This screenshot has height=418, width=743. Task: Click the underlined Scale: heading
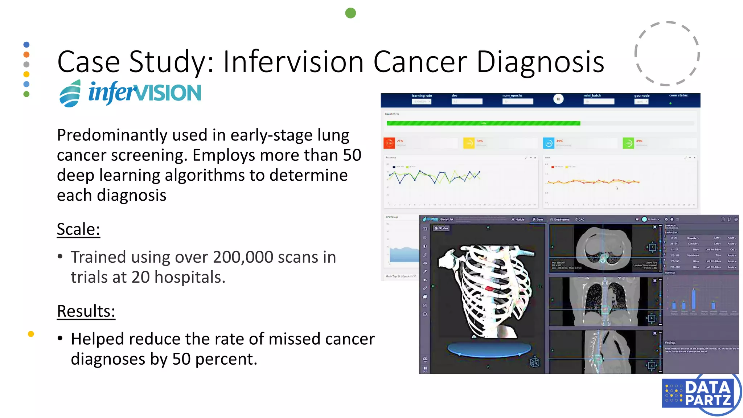coord(78,229)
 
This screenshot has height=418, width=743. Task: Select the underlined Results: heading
coord(86,311)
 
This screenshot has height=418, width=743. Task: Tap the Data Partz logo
coord(700,394)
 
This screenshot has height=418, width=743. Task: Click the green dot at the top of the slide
coord(350,13)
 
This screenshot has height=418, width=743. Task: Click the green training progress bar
coord(483,123)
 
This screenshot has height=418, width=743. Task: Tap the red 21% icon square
coord(389,143)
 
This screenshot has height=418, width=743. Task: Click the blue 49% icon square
coord(548,143)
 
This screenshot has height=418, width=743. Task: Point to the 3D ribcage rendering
coord(486,290)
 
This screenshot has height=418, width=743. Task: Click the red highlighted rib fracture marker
coord(489,289)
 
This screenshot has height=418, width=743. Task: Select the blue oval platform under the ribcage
coord(489,349)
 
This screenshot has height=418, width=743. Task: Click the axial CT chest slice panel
coord(603,249)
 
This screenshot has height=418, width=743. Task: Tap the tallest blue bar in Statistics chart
coord(694,299)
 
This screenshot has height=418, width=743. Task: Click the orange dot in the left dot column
coord(26,54)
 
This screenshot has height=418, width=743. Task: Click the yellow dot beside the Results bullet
coord(31,334)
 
